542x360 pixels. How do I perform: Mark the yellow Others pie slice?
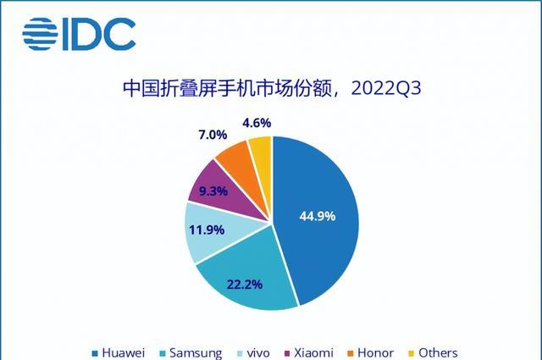point(260,153)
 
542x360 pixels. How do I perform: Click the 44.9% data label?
point(318,216)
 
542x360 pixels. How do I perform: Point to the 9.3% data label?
point(213,191)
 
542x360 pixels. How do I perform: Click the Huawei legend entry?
point(119,352)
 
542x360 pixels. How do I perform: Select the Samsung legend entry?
point(191,352)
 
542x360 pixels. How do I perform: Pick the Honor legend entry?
point(370,352)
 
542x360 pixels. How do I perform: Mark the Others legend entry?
point(430,352)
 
